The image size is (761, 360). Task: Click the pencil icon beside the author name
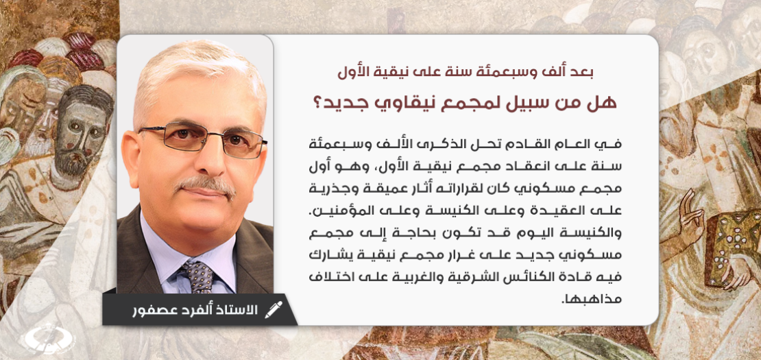coord(273,310)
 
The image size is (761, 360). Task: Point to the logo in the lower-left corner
coord(46,339)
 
